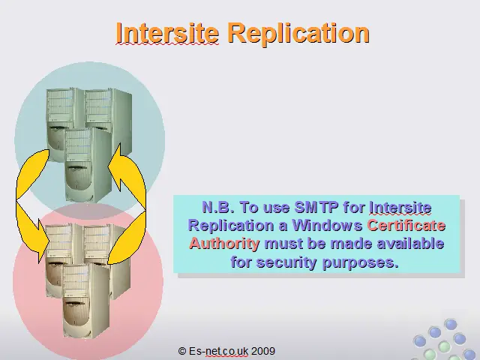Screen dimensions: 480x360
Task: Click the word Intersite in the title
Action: tap(167, 33)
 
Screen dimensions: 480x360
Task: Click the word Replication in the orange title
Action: tap(298, 34)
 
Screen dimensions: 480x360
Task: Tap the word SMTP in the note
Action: tap(316, 207)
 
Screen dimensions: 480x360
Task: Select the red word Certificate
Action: tap(406, 225)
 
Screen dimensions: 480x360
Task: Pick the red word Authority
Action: tap(224, 244)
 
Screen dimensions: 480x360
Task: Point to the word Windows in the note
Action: tap(327, 225)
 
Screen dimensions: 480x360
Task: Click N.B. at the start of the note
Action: tap(218, 207)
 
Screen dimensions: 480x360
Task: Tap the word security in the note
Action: tap(286, 262)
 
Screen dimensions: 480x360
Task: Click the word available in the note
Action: tap(410, 244)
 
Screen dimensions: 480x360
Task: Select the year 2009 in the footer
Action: tap(263, 351)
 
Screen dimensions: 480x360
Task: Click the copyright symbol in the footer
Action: tap(181, 351)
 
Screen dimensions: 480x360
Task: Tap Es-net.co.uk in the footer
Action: tap(218, 351)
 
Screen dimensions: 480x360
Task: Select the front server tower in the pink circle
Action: tap(85, 301)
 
